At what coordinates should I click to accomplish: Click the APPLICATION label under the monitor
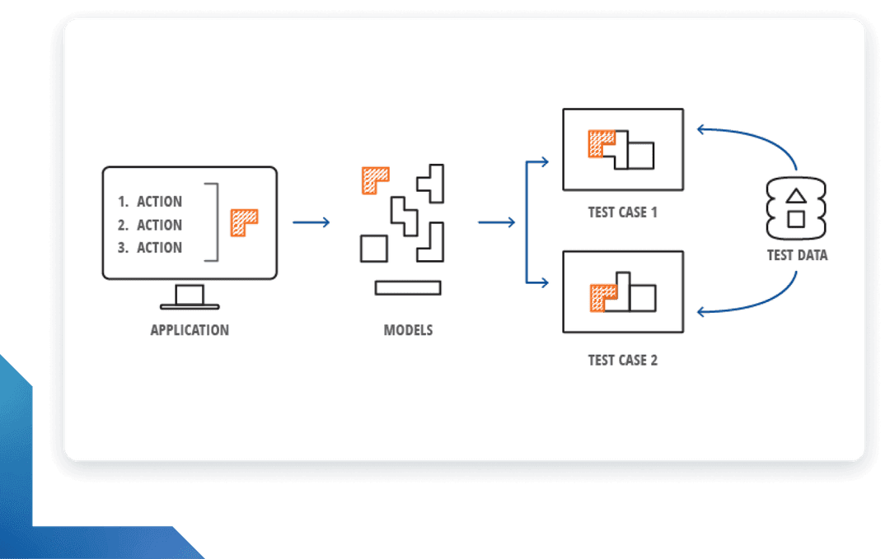coord(190,330)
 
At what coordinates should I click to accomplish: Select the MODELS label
coord(408,330)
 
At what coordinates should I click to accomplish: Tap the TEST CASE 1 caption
coord(622,212)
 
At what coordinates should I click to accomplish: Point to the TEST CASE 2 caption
coord(622,360)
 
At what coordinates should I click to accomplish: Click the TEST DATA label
coord(797,255)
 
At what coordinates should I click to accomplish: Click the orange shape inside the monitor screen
coord(243,221)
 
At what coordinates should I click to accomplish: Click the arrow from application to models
coord(311,222)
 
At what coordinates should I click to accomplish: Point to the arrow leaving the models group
coord(496,222)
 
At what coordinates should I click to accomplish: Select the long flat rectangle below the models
coord(408,287)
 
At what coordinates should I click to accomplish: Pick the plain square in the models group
coord(373,248)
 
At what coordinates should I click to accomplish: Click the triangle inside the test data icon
coord(796,197)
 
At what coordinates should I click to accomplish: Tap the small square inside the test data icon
coord(796,218)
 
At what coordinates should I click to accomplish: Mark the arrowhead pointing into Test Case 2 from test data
coord(701,312)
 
